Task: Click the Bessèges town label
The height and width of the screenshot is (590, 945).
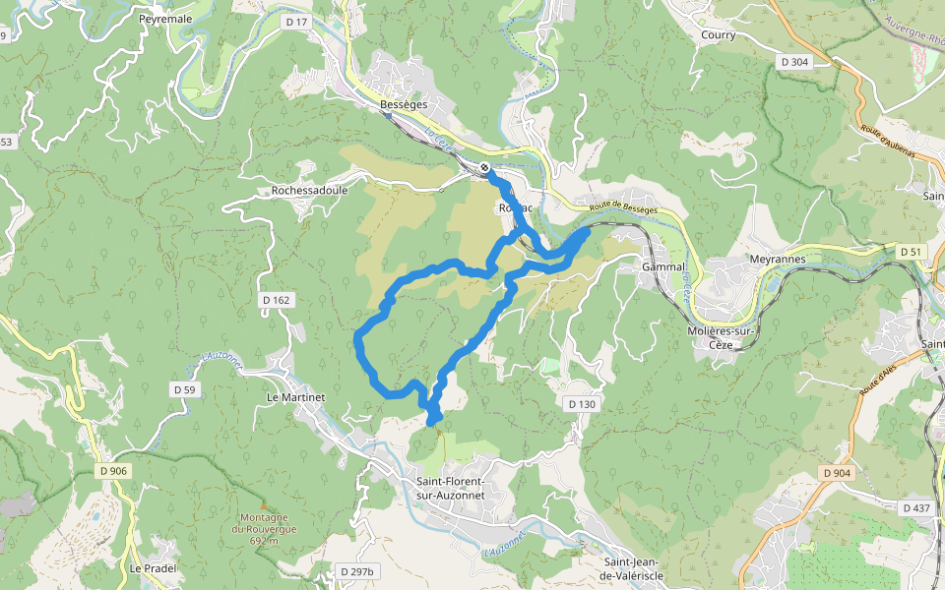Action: point(402,104)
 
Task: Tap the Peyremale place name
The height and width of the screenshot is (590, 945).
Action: point(164,19)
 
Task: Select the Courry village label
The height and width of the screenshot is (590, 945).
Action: point(718,34)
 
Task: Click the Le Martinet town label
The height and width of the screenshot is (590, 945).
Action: point(295,396)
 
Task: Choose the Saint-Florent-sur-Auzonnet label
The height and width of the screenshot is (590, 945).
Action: point(450,488)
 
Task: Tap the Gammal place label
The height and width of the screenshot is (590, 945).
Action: point(662,266)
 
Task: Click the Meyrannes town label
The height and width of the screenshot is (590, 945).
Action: point(777,260)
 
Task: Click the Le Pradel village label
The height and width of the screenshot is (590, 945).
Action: point(153,568)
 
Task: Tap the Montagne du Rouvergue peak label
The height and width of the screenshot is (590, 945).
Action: point(264,529)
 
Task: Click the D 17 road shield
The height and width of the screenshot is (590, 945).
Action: point(294,21)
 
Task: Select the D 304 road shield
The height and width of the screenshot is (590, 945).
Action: point(793,61)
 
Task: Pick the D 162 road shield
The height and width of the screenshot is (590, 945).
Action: point(277,299)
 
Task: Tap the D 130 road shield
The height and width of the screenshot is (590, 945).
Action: point(582,404)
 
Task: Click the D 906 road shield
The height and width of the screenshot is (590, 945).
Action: point(113,471)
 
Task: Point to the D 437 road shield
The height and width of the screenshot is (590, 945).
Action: point(915,507)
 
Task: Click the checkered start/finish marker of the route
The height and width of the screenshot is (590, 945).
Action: point(485,168)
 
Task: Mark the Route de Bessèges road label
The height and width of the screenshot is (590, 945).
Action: point(625,206)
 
